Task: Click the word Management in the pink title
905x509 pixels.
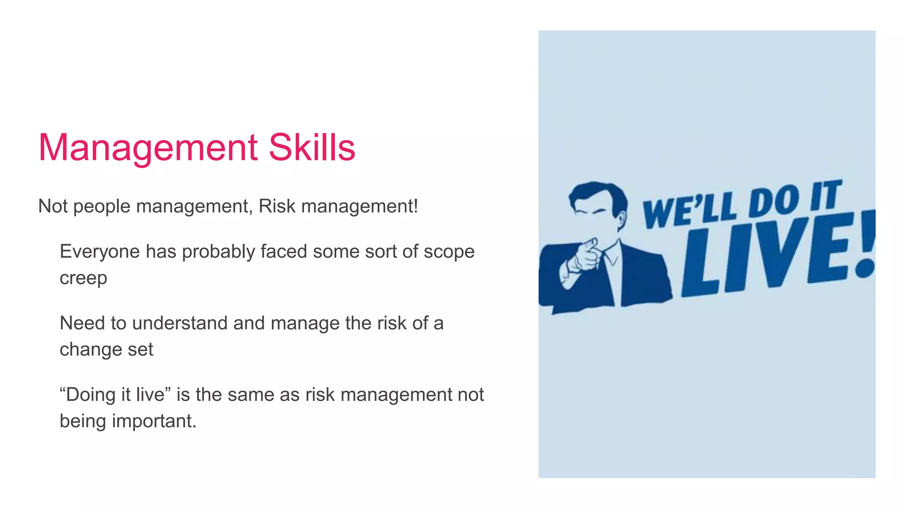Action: click(148, 148)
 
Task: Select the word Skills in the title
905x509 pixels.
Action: click(312, 147)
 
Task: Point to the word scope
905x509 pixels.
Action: click(449, 252)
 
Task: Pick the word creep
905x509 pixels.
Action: click(84, 278)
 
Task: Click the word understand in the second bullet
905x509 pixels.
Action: click(180, 323)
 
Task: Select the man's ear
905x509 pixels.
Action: click(622, 219)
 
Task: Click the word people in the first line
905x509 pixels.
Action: click(102, 206)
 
